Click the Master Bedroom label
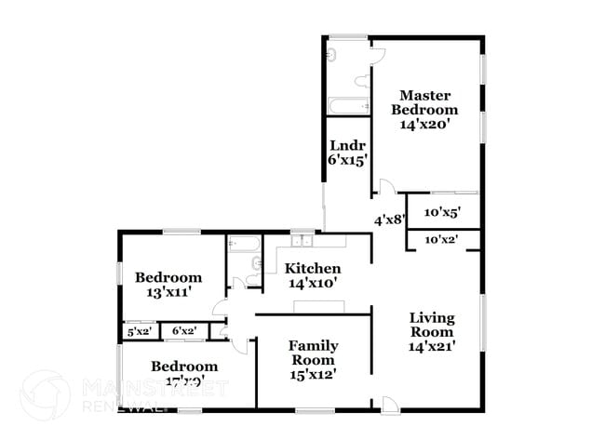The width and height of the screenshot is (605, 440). pyautogui.click(x=425, y=102)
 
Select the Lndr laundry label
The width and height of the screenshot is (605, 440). pyautogui.click(x=347, y=145)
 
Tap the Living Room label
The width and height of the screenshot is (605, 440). pyautogui.click(x=433, y=325)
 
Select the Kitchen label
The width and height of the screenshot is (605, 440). pyautogui.click(x=312, y=268)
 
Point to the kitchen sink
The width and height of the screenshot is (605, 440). pyautogui.click(x=302, y=239)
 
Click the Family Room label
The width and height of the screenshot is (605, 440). pyautogui.click(x=313, y=353)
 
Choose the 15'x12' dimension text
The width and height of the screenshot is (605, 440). pyautogui.click(x=313, y=374)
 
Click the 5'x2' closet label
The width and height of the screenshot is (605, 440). pyautogui.click(x=139, y=330)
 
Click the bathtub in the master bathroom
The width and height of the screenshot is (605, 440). pyautogui.click(x=348, y=106)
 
